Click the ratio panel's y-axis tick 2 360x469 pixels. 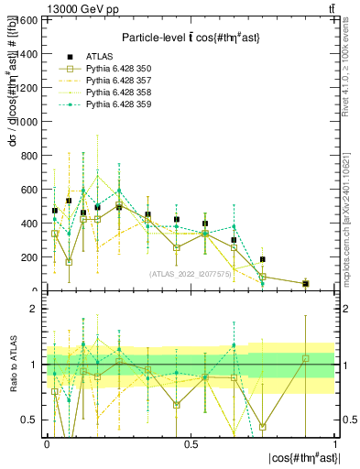tap(34, 310)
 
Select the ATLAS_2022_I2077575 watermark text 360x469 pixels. tap(190, 273)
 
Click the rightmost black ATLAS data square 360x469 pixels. tap(305, 284)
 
